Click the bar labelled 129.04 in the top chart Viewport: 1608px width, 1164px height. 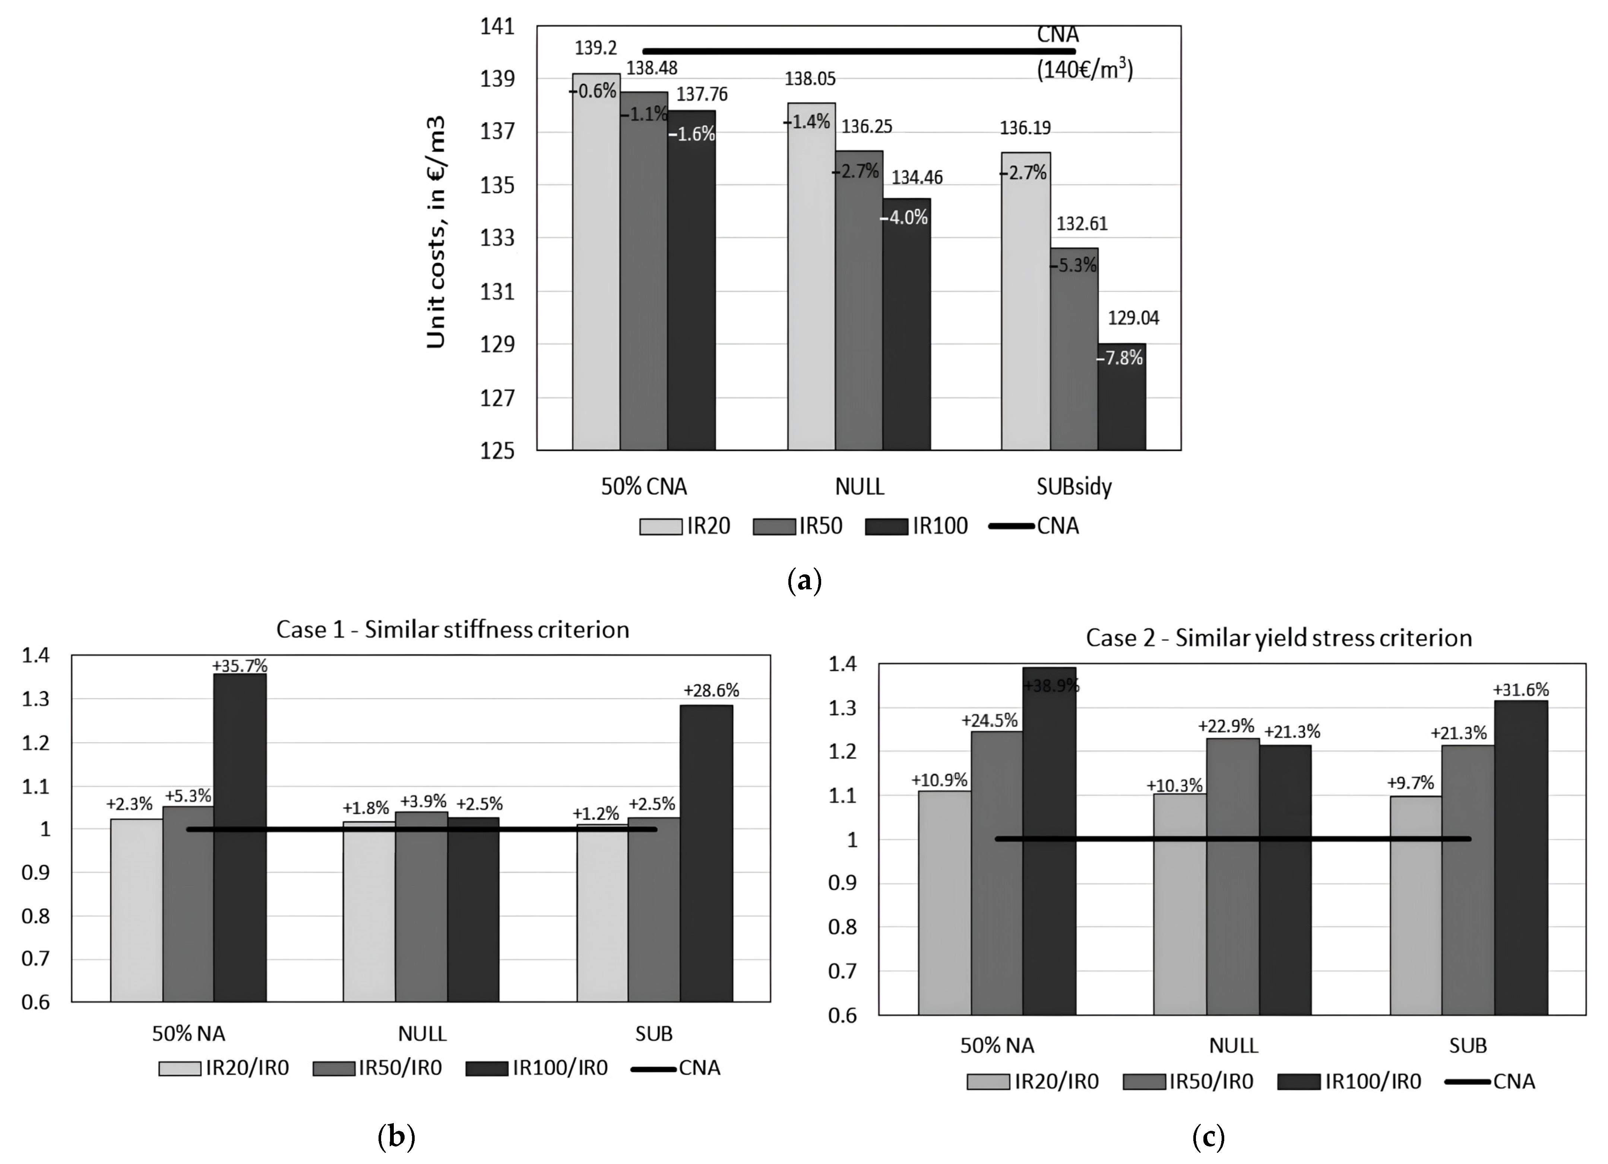(x=1122, y=397)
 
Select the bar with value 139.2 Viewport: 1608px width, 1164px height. (x=596, y=262)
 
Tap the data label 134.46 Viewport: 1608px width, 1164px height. (x=917, y=177)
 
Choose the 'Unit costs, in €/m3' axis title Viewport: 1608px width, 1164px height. (x=436, y=232)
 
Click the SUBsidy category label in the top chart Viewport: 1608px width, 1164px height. (x=1073, y=487)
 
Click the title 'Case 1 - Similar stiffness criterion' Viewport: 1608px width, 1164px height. (x=452, y=629)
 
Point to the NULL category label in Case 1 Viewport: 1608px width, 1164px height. (x=422, y=1034)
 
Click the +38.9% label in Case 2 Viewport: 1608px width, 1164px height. (x=1051, y=685)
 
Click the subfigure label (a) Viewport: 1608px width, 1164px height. (x=804, y=581)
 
